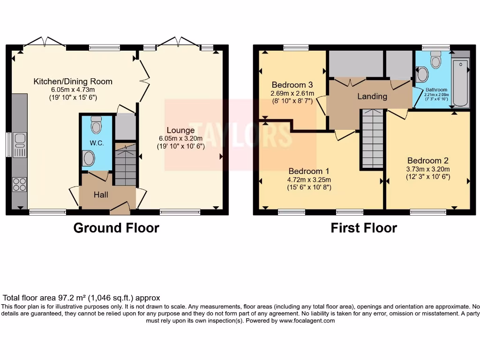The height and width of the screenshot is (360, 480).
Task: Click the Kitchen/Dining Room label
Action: (73, 82)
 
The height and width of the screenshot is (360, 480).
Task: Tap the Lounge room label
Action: (180, 130)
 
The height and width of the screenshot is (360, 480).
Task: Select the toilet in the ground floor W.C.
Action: (97, 125)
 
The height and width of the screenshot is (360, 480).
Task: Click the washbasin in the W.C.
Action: (88, 158)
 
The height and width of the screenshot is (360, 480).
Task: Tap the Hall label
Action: (100, 194)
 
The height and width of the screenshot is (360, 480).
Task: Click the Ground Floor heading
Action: (116, 228)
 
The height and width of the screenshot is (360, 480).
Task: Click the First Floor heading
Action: (364, 228)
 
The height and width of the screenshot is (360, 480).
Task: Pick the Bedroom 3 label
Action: (292, 85)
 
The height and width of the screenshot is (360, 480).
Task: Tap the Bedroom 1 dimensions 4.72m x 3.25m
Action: (309, 180)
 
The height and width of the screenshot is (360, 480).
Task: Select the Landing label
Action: (372, 96)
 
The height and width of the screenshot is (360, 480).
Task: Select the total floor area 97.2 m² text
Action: (82, 298)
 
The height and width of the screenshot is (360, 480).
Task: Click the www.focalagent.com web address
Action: (307, 321)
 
